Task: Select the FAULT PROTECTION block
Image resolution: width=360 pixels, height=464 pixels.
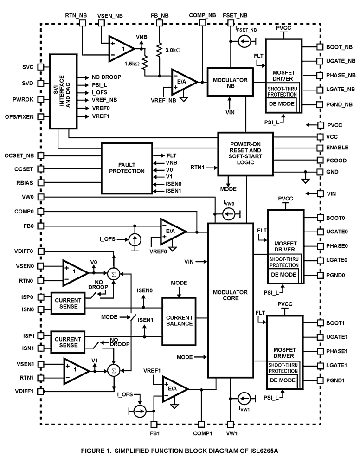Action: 127,168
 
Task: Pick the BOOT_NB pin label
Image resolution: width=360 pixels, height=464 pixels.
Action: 340,47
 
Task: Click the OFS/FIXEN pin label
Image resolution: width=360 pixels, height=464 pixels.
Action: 19,117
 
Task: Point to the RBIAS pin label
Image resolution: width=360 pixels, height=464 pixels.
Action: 25,183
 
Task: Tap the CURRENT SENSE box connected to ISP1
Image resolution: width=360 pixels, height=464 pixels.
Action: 68,341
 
